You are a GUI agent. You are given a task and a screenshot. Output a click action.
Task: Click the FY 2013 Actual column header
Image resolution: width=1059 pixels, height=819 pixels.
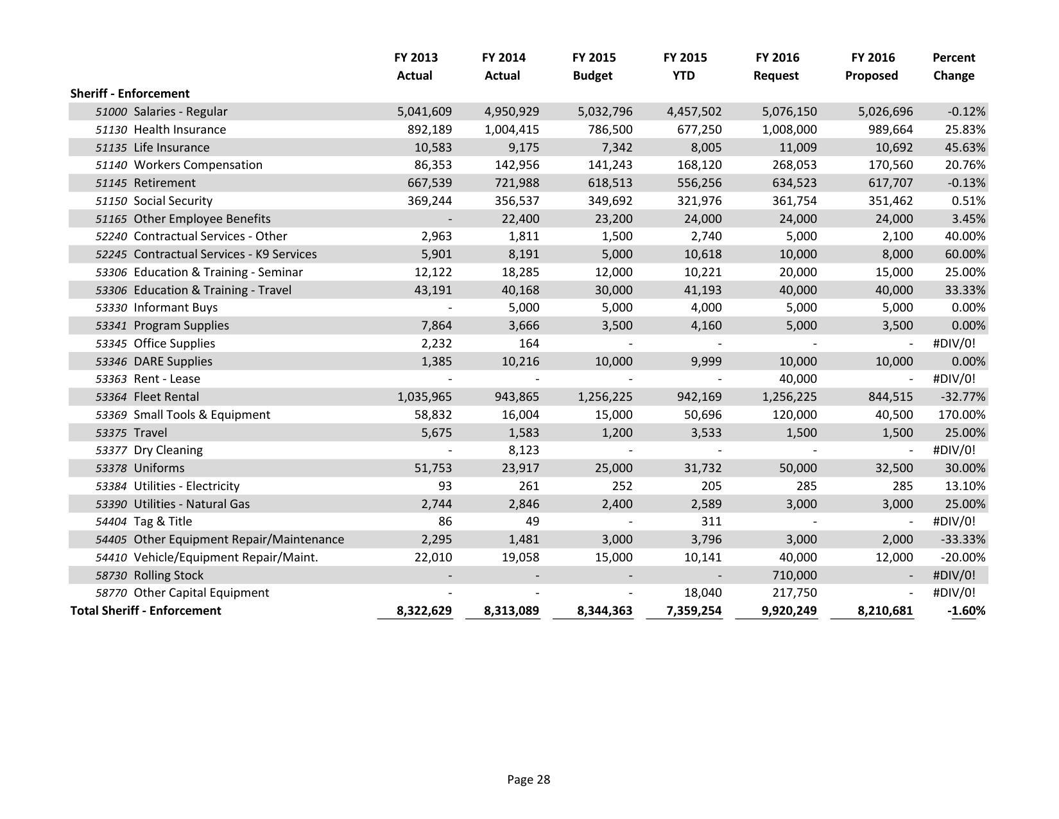coord(415,66)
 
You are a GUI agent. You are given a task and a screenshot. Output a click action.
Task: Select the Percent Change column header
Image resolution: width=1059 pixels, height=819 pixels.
coord(953,66)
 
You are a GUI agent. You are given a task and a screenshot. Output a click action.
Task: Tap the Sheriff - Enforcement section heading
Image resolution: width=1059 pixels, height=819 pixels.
coord(130,93)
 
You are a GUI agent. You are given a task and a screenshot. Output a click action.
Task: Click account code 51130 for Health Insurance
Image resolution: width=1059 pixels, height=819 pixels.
coord(111,129)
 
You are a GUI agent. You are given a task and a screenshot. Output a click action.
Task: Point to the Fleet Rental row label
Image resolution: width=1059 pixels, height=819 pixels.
coord(166,397)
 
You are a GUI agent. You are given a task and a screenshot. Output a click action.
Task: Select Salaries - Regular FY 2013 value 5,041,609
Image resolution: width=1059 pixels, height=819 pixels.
coord(424,111)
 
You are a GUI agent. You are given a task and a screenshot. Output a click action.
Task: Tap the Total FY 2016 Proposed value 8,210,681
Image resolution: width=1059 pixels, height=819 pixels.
coord(884,610)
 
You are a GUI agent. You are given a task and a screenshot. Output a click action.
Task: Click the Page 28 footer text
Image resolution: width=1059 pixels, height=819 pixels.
coord(528,779)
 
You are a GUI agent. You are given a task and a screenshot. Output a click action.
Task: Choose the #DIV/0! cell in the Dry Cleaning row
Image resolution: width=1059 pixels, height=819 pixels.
coord(953,450)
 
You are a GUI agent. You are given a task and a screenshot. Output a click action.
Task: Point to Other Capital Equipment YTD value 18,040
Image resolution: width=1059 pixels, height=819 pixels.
coord(703,592)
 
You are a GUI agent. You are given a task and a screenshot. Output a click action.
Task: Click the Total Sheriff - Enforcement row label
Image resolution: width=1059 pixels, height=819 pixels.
coord(146,610)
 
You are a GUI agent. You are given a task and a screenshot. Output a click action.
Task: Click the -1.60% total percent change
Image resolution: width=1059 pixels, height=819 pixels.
coord(966,610)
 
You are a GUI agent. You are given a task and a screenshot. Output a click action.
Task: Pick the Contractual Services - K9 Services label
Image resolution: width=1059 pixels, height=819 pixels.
coord(225,254)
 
